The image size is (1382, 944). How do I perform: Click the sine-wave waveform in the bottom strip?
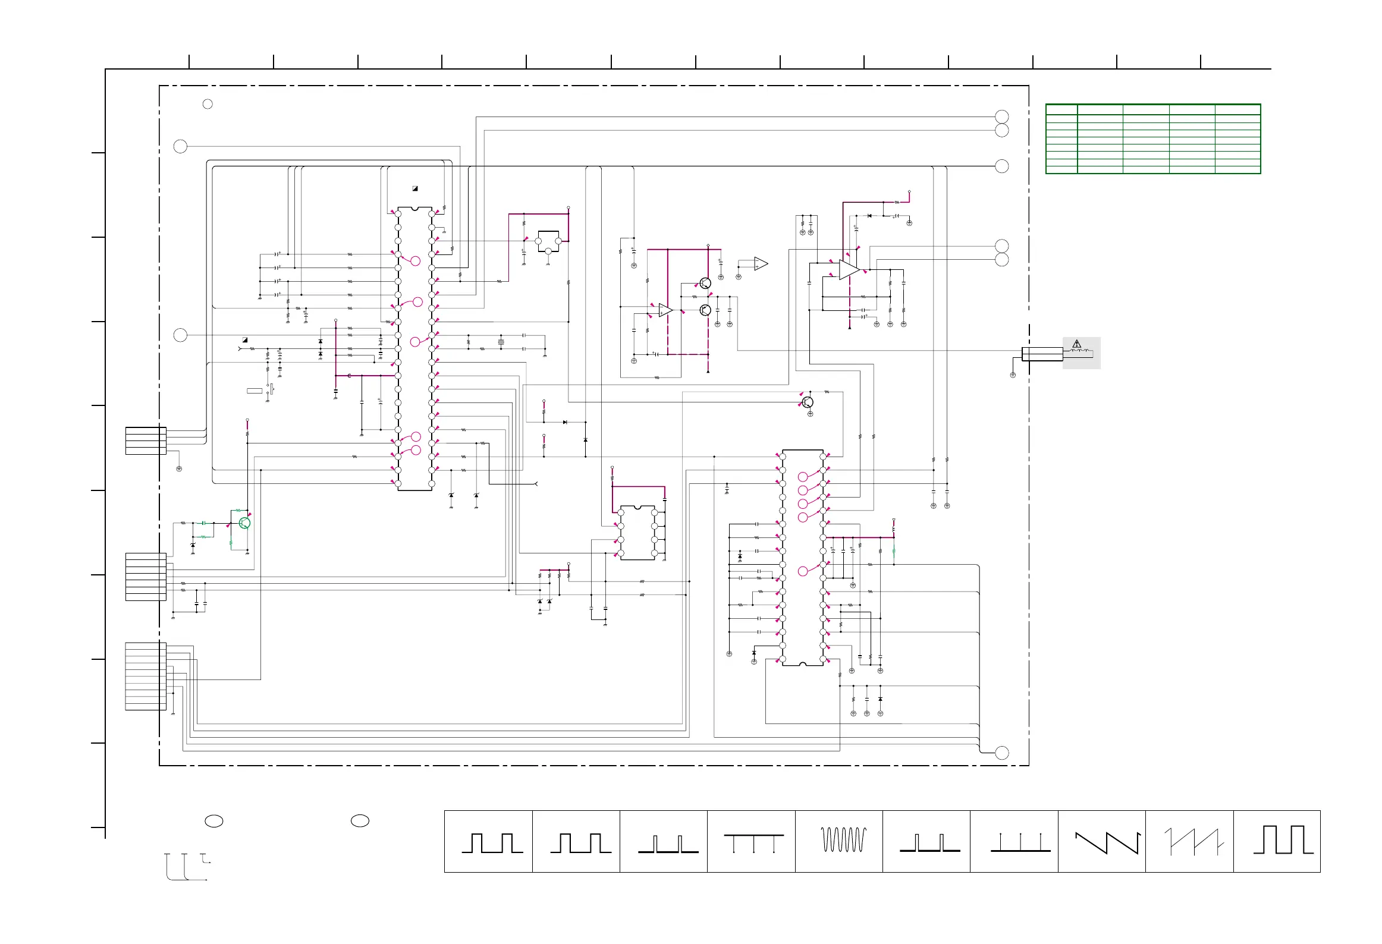point(843,839)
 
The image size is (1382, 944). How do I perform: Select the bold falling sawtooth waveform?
point(1107,842)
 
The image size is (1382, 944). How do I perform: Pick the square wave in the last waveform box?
point(1283,839)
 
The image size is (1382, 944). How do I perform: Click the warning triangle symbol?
point(1076,344)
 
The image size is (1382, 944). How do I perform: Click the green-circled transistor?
point(244,523)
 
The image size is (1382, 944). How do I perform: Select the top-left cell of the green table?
point(1061,109)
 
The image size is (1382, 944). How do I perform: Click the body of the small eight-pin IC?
point(637,533)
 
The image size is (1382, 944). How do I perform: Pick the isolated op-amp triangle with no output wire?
point(761,263)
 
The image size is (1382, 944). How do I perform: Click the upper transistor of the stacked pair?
point(705,284)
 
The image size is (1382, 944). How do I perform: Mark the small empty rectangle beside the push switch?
point(255,391)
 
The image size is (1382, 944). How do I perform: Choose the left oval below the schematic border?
point(214,821)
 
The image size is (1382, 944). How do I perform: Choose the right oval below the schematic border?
point(360,821)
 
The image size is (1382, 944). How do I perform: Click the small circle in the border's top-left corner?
point(208,104)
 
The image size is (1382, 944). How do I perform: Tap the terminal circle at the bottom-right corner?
point(1002,753)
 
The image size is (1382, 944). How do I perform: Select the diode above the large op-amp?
point(869,216)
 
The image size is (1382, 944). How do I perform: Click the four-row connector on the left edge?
point(146,440)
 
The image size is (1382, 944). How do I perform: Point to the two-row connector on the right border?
point(1042,354)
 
